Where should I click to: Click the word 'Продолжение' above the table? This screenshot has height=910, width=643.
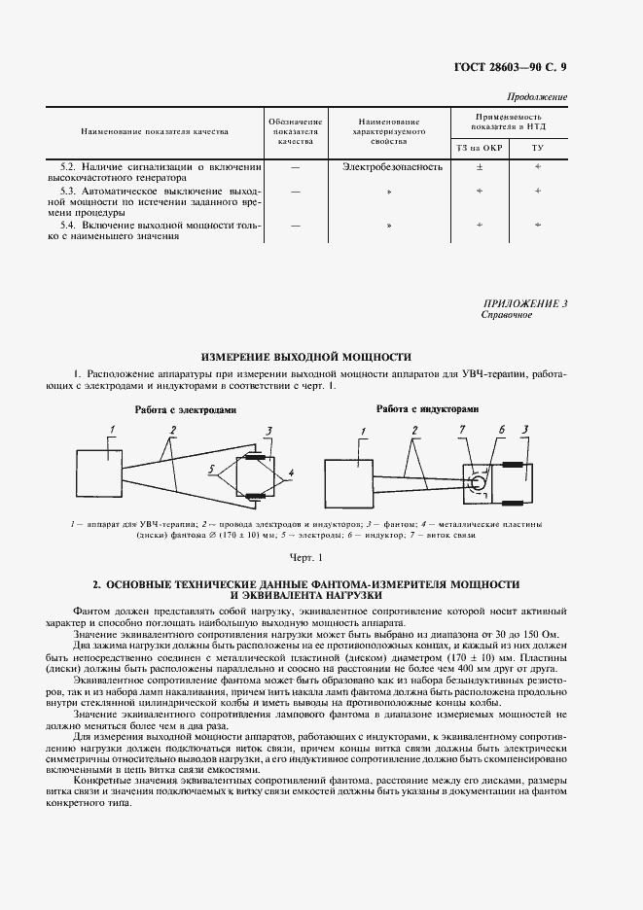pyautogui.click(x=538, y=97)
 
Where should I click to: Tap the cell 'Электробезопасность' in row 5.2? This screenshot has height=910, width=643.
pyautogui.click(x=392, y=166)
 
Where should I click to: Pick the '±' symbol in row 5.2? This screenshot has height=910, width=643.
pyautogui.click(x=478, y=166)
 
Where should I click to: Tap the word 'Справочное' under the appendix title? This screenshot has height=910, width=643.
pyautogui.click(x=507, y=316)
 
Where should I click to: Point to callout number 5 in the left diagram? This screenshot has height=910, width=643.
pyautogui.click(x=209, y=469)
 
